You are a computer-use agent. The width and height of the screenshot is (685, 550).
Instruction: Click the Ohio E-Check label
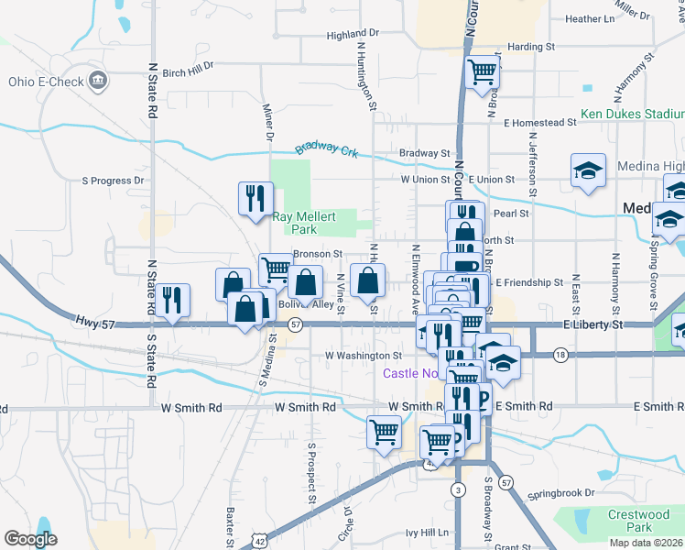point(42,82)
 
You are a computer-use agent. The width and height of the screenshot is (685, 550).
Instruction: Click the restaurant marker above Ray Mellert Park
point(255,198)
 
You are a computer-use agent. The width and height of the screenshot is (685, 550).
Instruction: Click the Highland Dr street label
point(353,35)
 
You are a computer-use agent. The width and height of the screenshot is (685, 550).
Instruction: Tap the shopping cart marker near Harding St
point(482,71)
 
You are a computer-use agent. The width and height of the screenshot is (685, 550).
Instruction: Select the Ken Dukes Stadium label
point(632,115)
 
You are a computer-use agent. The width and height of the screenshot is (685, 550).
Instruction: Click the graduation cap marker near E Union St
point(588,170)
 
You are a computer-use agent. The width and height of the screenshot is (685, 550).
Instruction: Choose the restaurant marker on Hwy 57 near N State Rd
point(171,300)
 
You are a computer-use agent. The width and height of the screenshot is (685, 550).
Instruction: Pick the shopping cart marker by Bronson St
point(275,269)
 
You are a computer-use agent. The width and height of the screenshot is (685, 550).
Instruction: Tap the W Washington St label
point(364,355)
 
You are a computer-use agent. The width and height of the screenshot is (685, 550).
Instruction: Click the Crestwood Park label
point(641,521)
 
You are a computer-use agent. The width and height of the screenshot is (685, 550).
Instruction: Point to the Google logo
point(30,539)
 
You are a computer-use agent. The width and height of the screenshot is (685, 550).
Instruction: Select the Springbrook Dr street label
point(554,493)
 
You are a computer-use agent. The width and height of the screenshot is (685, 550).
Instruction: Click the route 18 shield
point(560,354)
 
